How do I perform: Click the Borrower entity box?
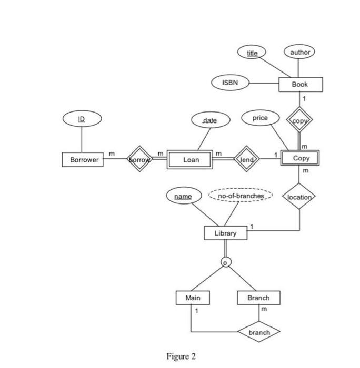pos(83,160)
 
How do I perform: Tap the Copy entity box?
pos(301,158)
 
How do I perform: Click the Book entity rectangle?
pos(300,84)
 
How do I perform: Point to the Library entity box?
pos(225,233)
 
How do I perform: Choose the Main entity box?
pos(193,298)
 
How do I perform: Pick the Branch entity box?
pos(258,298)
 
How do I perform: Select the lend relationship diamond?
pos(246,159)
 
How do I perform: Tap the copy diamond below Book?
pos(299,120)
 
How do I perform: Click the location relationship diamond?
pos(299,197)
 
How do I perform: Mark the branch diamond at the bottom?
pos(258,332)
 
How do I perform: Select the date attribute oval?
pos(209,120)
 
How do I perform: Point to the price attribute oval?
pos(260,118)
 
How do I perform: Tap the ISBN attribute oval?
pos(229,83)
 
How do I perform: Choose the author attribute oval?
pos(299,52)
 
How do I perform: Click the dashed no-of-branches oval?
pos(241,196)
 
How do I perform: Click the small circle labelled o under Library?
pos(225,262)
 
